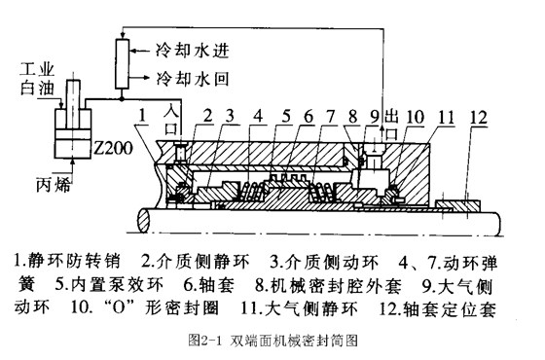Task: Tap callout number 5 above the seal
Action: coord(287,117)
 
